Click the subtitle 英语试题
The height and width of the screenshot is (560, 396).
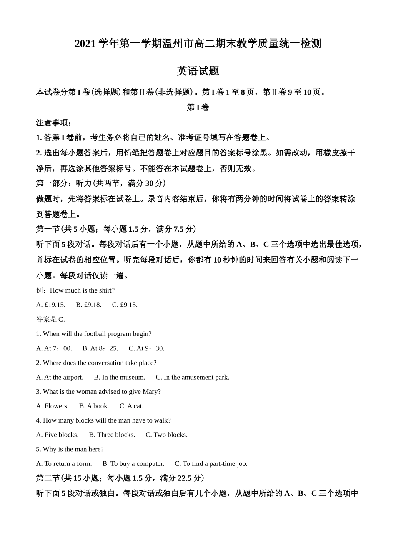[198, 71]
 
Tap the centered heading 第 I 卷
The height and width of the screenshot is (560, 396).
[198, 107]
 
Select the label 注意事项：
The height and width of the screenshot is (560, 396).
[54, 123]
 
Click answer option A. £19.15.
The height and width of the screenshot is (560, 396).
[51, 305]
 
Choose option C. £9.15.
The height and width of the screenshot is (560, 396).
[125, 305]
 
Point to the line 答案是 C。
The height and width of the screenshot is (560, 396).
[52, 319]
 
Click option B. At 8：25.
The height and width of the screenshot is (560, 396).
[100, 348]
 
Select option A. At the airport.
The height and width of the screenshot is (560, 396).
[60, 377]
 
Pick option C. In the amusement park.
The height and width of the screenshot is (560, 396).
[193, 377]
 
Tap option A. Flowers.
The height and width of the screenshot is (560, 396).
[53, 406]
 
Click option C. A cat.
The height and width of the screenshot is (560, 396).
[131, 406]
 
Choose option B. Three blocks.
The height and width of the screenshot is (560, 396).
[112, 435]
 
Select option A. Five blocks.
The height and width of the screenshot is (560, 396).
[57, 435]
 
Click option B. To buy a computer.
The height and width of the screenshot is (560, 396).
[133, 463]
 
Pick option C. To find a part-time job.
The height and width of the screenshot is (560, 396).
[211, 463]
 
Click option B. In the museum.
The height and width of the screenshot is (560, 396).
[120, 377]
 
